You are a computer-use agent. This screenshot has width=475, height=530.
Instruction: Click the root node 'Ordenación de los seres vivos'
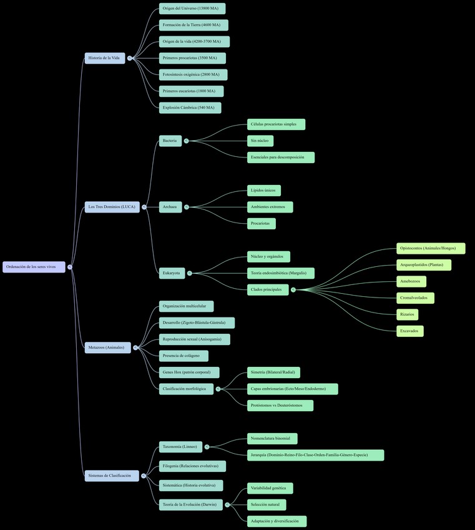click(34, 267)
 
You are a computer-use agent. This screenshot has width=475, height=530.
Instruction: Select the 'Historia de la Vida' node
click(104, 58)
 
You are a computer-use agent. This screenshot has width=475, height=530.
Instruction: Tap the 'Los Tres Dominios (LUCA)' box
click(112, 207)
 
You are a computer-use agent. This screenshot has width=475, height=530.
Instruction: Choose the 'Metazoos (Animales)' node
click(107, 347)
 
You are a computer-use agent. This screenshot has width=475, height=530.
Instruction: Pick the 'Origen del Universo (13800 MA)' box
click(192, 9)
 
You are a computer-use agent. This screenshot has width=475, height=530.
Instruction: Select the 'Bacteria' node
click(170, 141)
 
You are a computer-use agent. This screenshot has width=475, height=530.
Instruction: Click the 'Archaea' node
click(170, 207)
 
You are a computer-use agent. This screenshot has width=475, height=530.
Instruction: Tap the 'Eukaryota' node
click(172, 273)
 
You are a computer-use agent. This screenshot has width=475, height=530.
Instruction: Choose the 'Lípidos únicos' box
click(263, 190)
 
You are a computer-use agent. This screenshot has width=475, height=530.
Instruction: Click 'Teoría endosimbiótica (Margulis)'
click(280, 273)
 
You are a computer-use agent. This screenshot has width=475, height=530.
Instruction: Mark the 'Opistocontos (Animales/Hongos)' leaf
click(431, 249)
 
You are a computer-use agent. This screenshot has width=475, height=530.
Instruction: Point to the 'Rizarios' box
click(407, 314)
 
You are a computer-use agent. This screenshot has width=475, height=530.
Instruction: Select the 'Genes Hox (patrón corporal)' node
click(189, 372)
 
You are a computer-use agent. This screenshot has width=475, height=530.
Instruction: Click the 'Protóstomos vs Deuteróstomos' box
click(280, 406)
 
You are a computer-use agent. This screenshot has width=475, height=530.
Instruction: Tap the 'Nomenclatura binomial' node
click(272, 439)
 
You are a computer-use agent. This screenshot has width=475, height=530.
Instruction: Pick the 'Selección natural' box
click(266, 504)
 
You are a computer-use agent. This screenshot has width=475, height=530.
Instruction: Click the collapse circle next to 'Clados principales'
click(293, 290)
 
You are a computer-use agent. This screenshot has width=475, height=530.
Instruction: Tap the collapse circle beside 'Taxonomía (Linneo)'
click(207, 447)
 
